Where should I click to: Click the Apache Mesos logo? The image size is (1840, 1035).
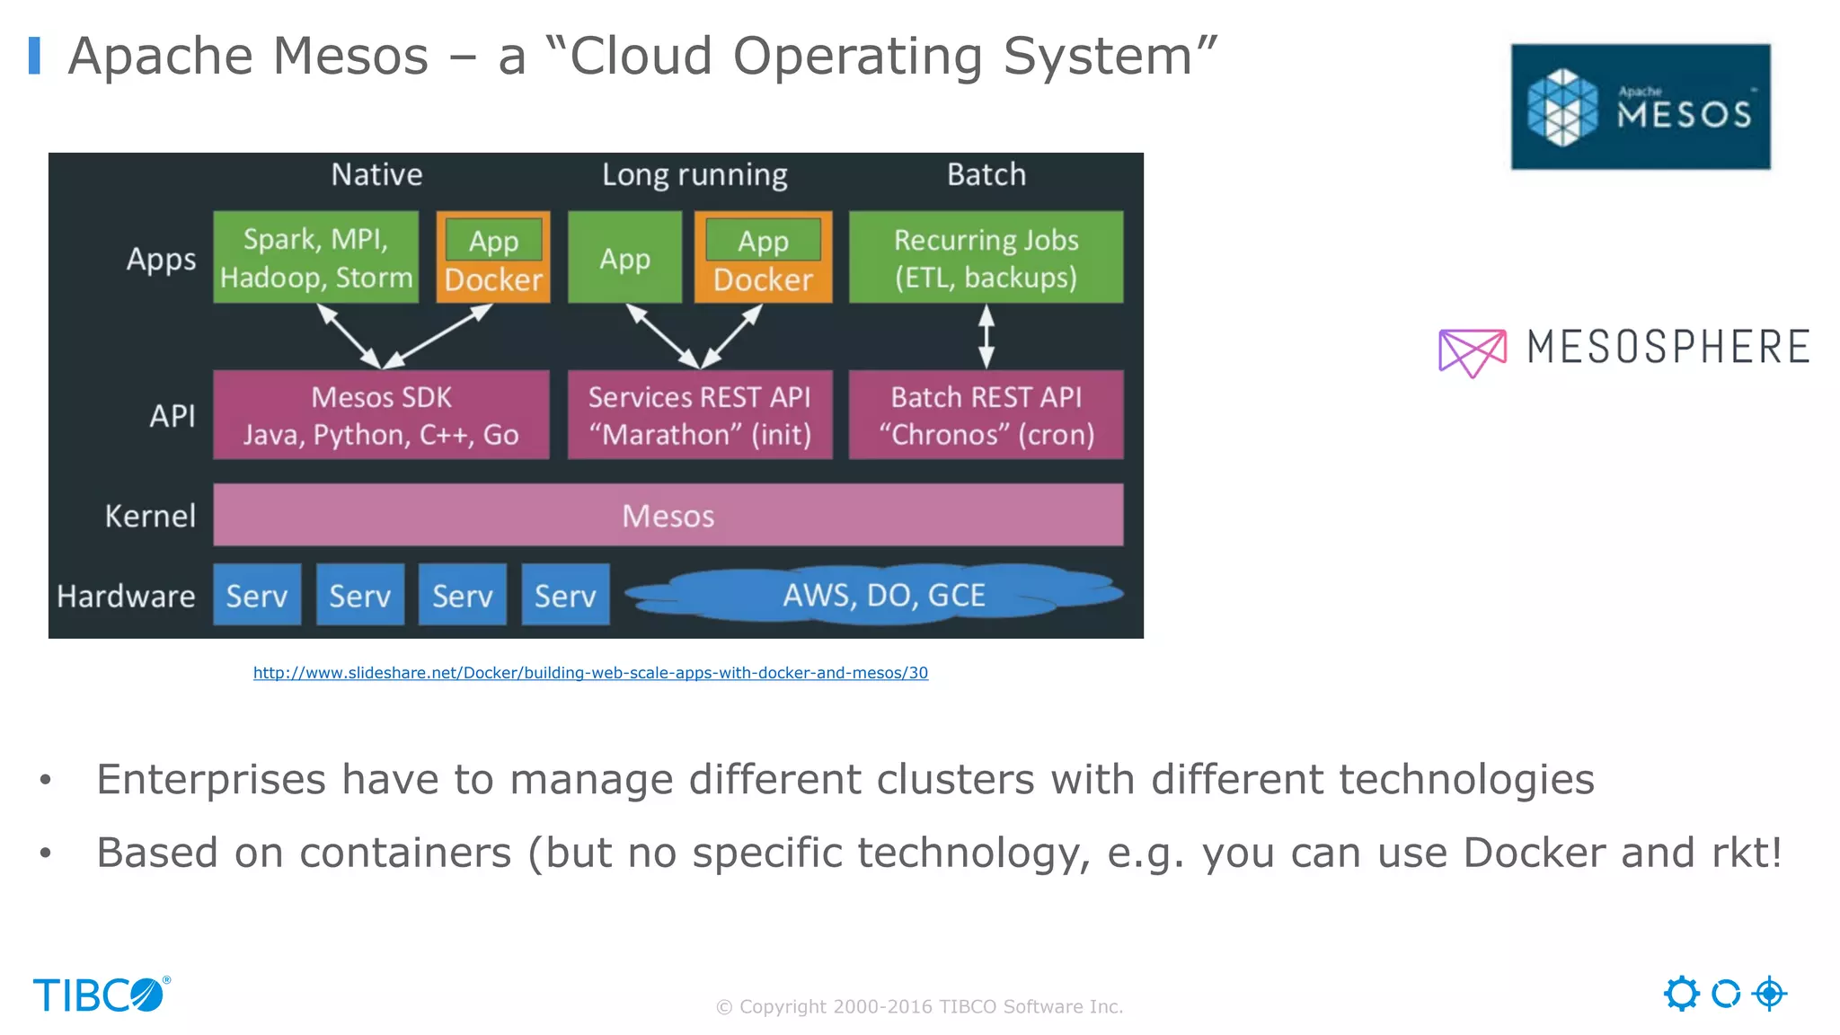(x=1640, y=107)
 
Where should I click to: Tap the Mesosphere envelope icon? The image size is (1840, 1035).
(x=1472, y=351)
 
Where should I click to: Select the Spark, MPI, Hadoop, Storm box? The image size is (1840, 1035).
(x=315, y=258)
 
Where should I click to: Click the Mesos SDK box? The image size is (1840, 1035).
(x=381, y=415)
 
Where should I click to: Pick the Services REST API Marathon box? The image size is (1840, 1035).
(x=700, y=415)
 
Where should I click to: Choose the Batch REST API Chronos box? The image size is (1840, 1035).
(x=986, y=415)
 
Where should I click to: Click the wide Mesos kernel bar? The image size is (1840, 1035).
(x=668, y=516)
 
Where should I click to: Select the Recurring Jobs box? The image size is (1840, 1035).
(x=986, y=258)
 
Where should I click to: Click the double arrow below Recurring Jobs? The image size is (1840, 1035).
(x=986, y=337)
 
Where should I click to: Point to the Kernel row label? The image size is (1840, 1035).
(x=150, y=517)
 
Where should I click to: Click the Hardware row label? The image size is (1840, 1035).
(x=126, y=597)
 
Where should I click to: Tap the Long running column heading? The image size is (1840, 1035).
(x=694, y=175)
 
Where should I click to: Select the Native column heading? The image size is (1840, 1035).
(x=376, y=174)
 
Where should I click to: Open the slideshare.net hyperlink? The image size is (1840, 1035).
(x=590, y=673)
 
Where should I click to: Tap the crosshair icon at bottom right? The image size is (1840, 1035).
(x=1769, y=994)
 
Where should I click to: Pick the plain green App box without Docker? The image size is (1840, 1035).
(x=624, y=259)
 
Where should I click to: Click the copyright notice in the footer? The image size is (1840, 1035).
(x=919, y=1007)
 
